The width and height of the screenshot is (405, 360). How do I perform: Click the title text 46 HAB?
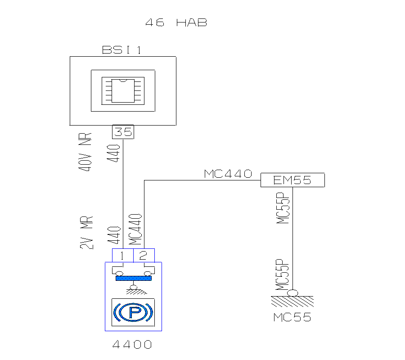coord(176,22)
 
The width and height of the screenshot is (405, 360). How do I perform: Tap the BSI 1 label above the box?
coord(121,49)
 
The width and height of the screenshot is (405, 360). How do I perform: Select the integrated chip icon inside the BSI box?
coord(123,91)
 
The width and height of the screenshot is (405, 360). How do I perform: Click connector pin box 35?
coord(123,132)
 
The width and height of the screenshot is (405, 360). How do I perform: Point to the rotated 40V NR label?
coord(85,152)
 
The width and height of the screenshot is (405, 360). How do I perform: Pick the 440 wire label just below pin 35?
coord(113,153)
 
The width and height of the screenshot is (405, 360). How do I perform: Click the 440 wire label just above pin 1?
coord(114,235)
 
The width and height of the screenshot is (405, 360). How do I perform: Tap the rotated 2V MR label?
coord(86,232)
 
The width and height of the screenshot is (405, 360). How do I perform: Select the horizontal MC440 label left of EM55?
coord(228,174)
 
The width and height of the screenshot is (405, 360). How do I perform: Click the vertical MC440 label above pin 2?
coord(135,229)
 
